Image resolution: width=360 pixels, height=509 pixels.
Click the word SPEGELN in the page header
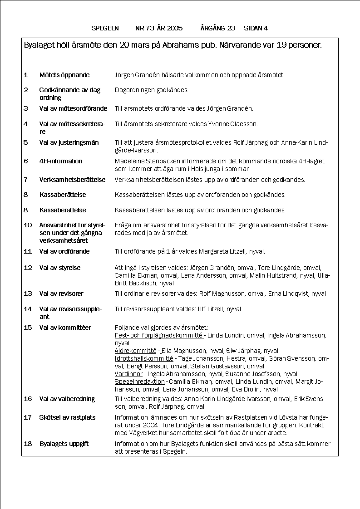point(105,28)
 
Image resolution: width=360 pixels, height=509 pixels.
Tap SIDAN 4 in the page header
point(256,28)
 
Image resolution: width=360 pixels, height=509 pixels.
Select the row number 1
point(25,75)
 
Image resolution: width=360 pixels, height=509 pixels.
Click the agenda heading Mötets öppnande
point(64,75)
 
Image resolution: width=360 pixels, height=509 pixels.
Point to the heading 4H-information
point(61,161)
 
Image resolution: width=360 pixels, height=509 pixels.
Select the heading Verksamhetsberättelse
point(72,180)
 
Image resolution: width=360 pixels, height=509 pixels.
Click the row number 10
point(27,225)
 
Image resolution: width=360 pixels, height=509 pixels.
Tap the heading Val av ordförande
point(64,251)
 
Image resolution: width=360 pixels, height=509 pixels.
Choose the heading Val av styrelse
point(59,268)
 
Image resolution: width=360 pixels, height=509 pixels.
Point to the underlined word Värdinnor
point(128,374)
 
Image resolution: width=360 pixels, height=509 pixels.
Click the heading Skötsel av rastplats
point(67,417)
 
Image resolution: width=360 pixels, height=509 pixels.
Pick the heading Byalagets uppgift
point(64,444)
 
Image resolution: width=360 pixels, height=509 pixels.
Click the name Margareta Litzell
point(228,251)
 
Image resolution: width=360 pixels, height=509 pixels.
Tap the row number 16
point(27,399)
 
